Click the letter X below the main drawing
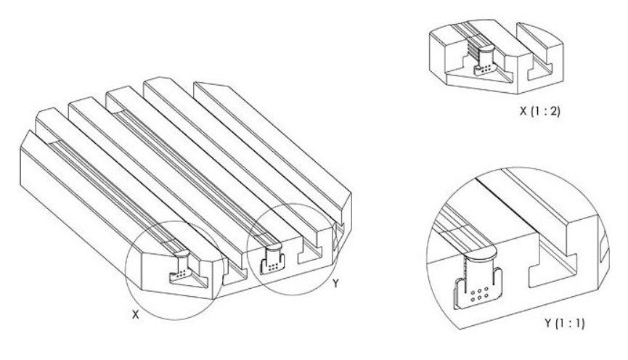click(x=136, y=315)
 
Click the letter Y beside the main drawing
click(x=335, y=284)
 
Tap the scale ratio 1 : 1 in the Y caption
click(x=570, y=323)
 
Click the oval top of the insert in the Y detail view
click(x=480, y=253)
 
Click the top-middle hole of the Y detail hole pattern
click(x=480, y=289)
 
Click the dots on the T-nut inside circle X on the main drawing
click(x=182, y=274)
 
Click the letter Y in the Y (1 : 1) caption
click(x=548, y=323)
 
